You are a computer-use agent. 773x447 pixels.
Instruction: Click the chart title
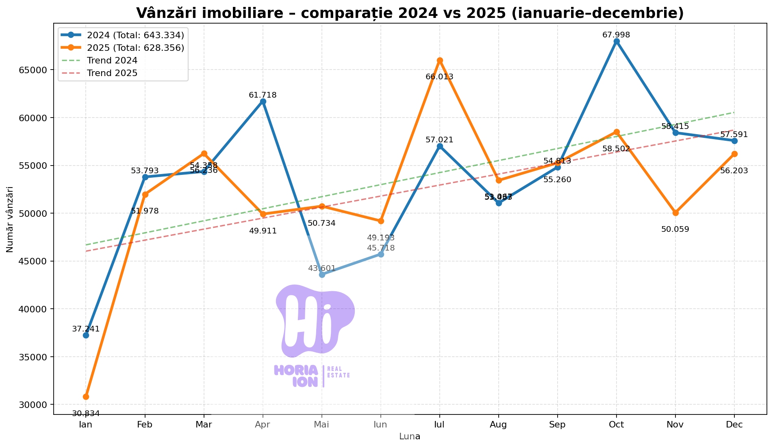(x=410, y=13)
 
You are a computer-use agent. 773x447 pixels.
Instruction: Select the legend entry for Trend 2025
(x=112, y=73)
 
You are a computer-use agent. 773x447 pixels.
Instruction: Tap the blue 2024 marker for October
(x=617, y=41)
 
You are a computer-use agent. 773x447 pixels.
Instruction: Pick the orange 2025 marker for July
(x=440, y=60)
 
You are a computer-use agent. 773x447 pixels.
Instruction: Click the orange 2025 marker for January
(x=86, y=397)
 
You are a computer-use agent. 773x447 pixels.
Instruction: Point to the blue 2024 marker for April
(x=263, y=101)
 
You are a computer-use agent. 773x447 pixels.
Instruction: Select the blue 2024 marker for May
(x=322, y=275)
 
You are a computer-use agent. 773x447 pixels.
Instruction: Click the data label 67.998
(x=616, y=35)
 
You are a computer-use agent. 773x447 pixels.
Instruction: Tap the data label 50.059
(x=675, y=229)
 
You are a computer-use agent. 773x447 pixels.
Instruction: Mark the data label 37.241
(x=86, y=329)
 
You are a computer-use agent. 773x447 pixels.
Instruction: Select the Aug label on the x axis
(x=498, y=425)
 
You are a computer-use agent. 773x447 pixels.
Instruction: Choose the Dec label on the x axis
(x=734, y=425)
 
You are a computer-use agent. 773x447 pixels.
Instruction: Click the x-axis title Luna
(x=410, y=437)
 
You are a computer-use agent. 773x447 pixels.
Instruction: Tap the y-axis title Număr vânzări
(x=10, y=219)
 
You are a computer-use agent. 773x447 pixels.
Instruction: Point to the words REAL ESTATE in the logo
(x=338, y=372)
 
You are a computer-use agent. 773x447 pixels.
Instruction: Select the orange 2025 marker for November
(x=675, y=213)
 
